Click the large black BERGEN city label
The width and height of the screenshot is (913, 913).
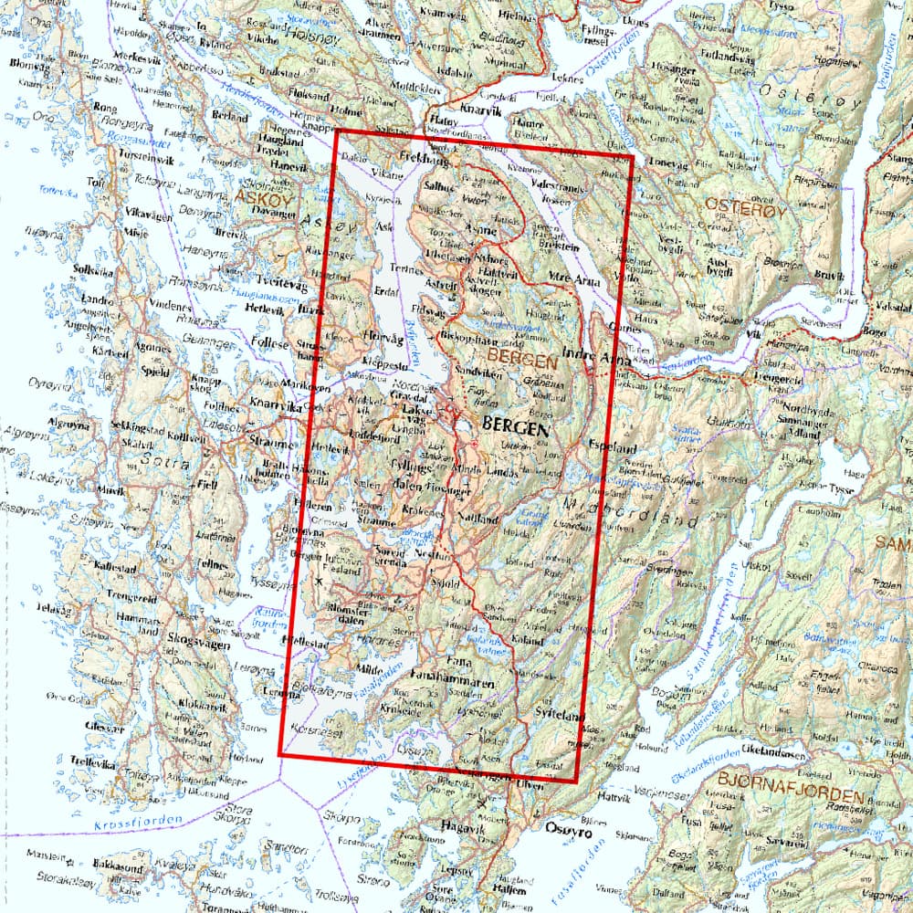[x=515, y=426]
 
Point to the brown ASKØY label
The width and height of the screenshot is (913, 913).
[x=259, y=196]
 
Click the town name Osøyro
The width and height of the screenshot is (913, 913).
[x=568, y=832]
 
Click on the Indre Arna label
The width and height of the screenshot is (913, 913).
[x=598, y=359]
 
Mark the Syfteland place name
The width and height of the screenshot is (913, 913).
[x=559, y=718]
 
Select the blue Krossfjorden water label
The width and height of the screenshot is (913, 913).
[x=137, y=824]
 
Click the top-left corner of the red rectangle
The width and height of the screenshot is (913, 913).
[x=338, y=130]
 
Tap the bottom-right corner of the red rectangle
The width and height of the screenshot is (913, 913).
[x=576, y=782]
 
